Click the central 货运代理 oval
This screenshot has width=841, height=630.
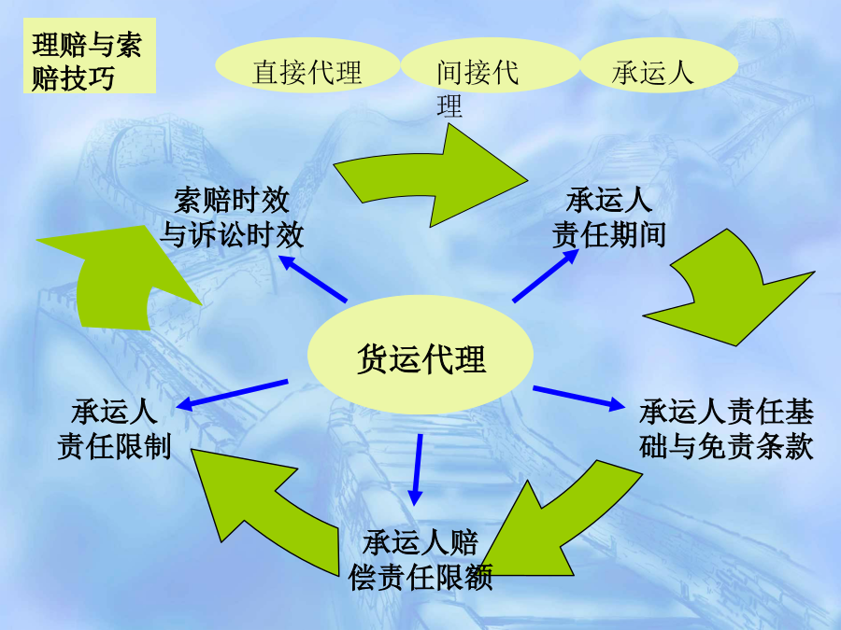pyautogui.click(x=420, y=355)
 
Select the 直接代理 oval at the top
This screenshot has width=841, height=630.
pyautogui.click(x=307, y=64)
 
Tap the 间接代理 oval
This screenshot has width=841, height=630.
pyautogui.click(x=491, y=64)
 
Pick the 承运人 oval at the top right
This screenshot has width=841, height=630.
pyautogui.click(x=659, y=64)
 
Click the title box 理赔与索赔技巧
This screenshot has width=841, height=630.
pyautogui.click(x=90, y=56)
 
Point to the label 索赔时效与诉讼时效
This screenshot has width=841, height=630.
pyautogui.click(x=232, y=217)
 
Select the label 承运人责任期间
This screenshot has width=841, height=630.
pyautogui.click(x=609, y=217)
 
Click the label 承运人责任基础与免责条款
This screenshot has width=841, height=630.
pyautogui.click(x=726, y=428)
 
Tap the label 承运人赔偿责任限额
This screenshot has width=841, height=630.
pyautogui.click(x=420, y=560)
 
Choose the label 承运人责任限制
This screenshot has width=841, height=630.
pyautogui.click(x=114, y=428)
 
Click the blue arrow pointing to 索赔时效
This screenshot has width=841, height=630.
pyautogui.click(x=313, y=278)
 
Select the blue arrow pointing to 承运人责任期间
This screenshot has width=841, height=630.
pyautogui.click(x=546, y=275)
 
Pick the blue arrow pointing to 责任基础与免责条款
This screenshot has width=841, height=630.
pyautogui.click(x=578, y=398)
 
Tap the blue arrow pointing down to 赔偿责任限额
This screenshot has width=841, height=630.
pyautogui.click(x=417, y=469)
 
